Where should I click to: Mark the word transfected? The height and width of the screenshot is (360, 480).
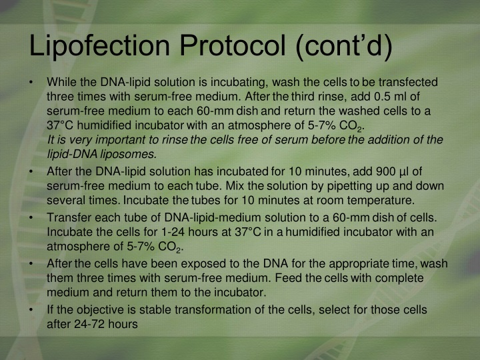click(408, 83)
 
